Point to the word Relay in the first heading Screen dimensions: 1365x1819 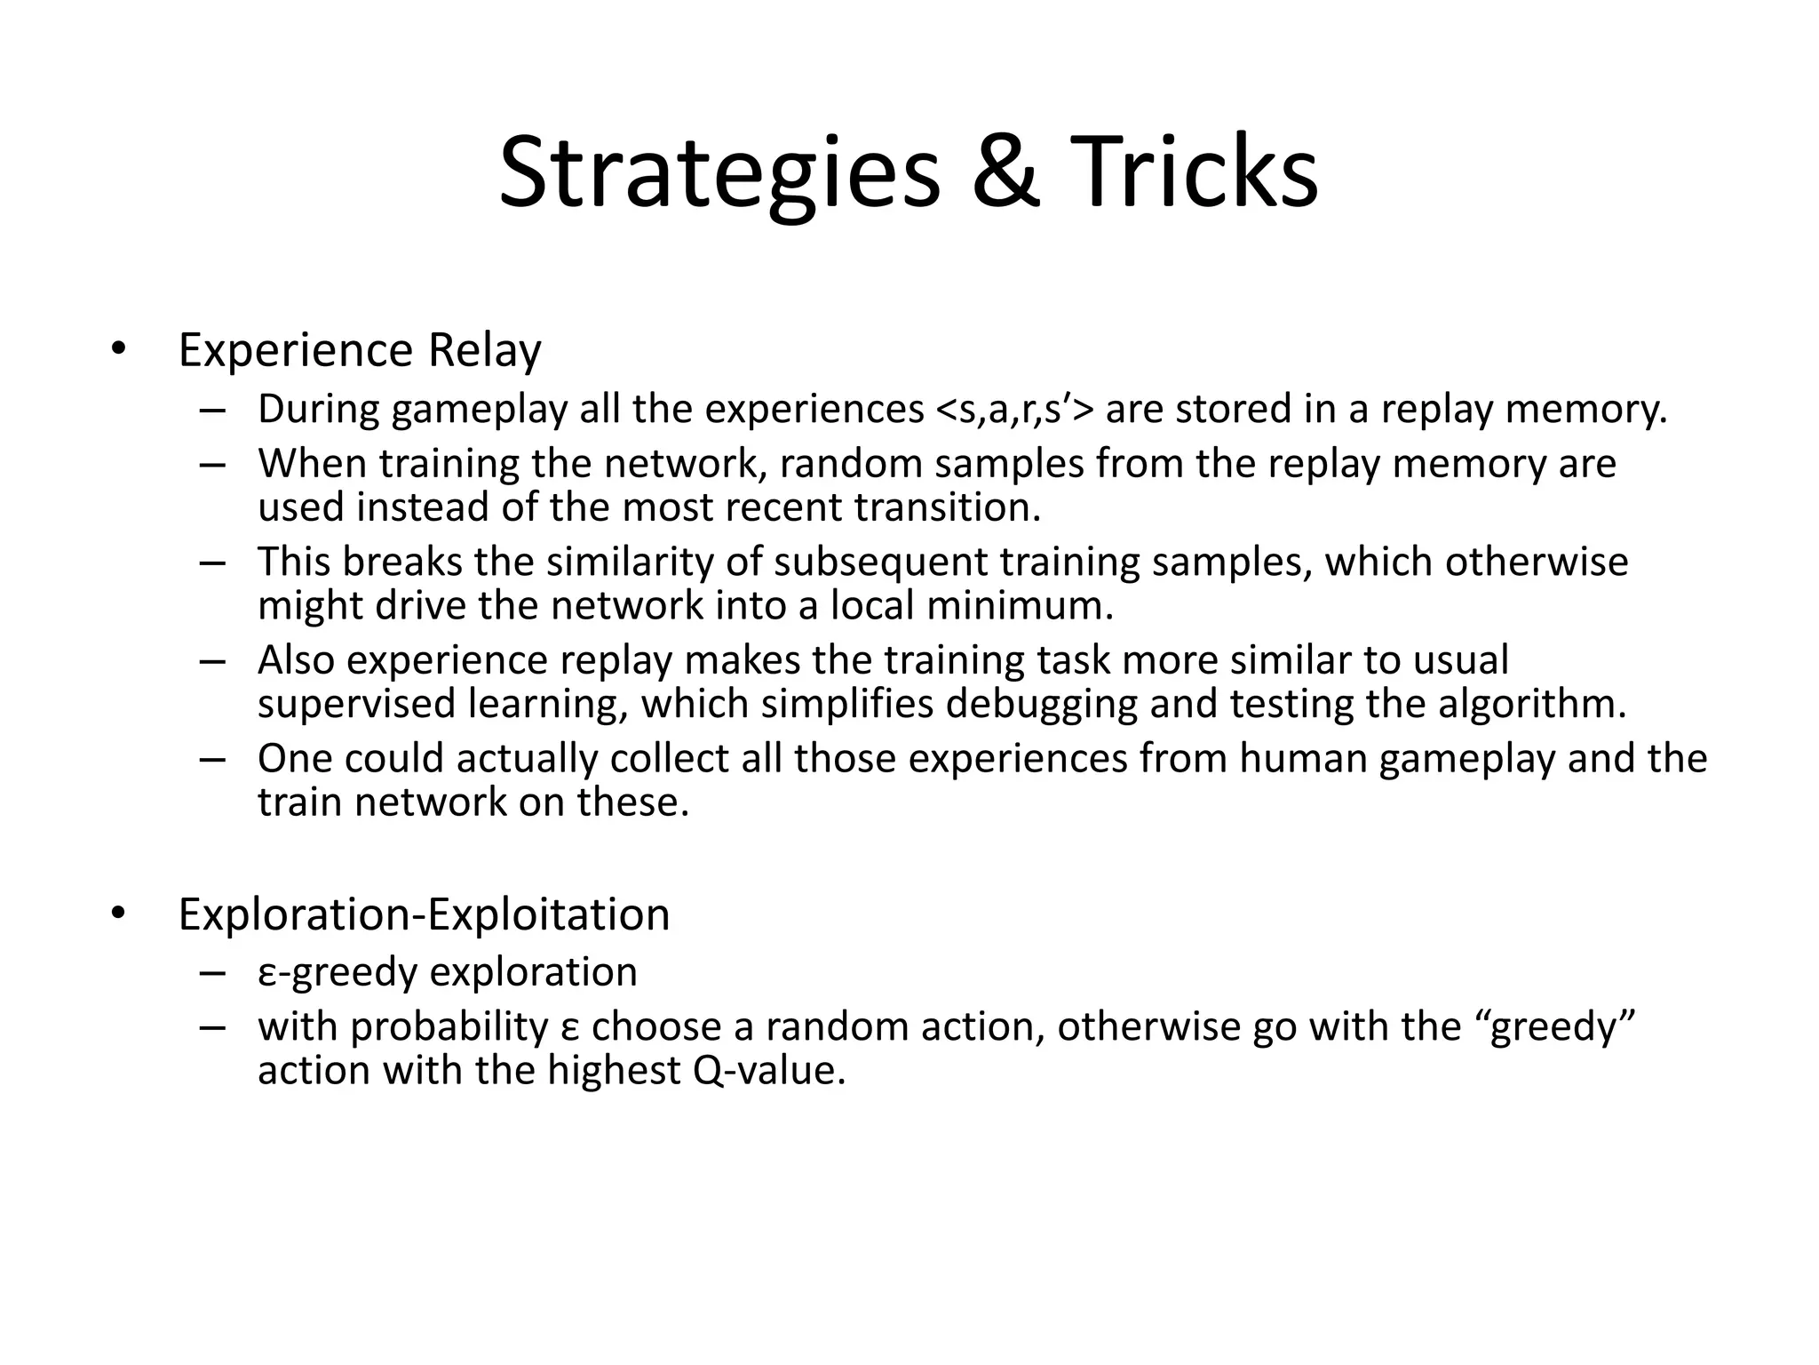(484, 350)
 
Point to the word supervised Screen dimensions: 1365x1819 (356, 704)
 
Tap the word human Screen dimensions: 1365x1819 (1303, 759)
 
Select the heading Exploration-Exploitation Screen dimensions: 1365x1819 (424, 914)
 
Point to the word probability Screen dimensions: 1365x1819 (449, 1027)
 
